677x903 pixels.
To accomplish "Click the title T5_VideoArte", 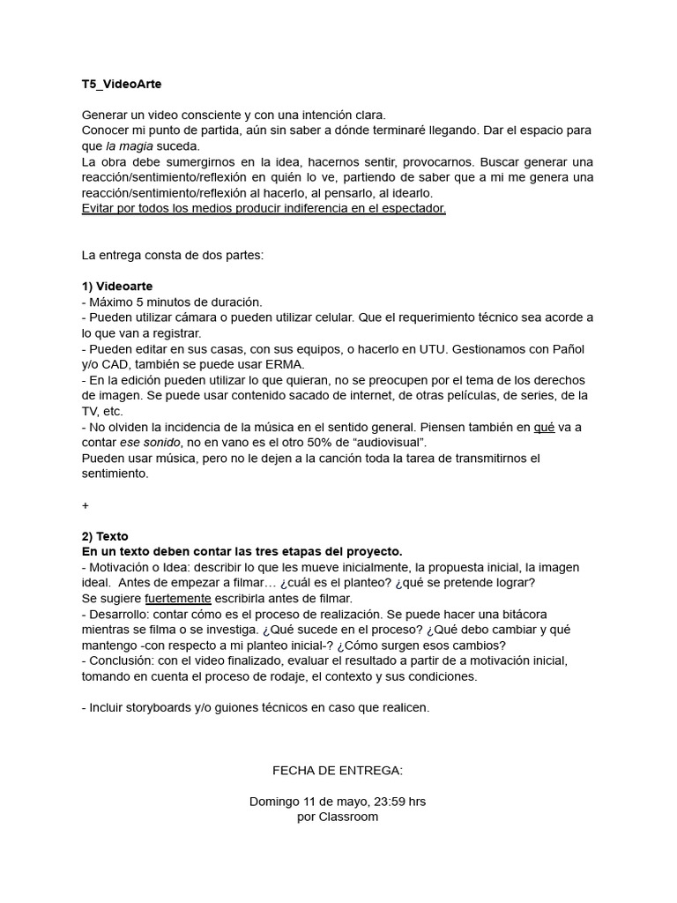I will (122, 85).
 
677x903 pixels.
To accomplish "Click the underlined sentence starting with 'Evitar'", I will (264, 208).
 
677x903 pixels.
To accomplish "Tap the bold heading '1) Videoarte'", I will (117, 287).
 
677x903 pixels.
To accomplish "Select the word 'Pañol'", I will (566, 349).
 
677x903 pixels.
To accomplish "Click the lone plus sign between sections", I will (85, 505).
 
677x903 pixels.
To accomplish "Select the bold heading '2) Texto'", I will (105, 536).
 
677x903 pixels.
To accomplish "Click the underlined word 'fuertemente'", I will (178, 599).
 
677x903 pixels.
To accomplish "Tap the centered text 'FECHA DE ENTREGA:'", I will (338, 771).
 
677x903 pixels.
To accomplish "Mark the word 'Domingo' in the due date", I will (274, 802).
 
